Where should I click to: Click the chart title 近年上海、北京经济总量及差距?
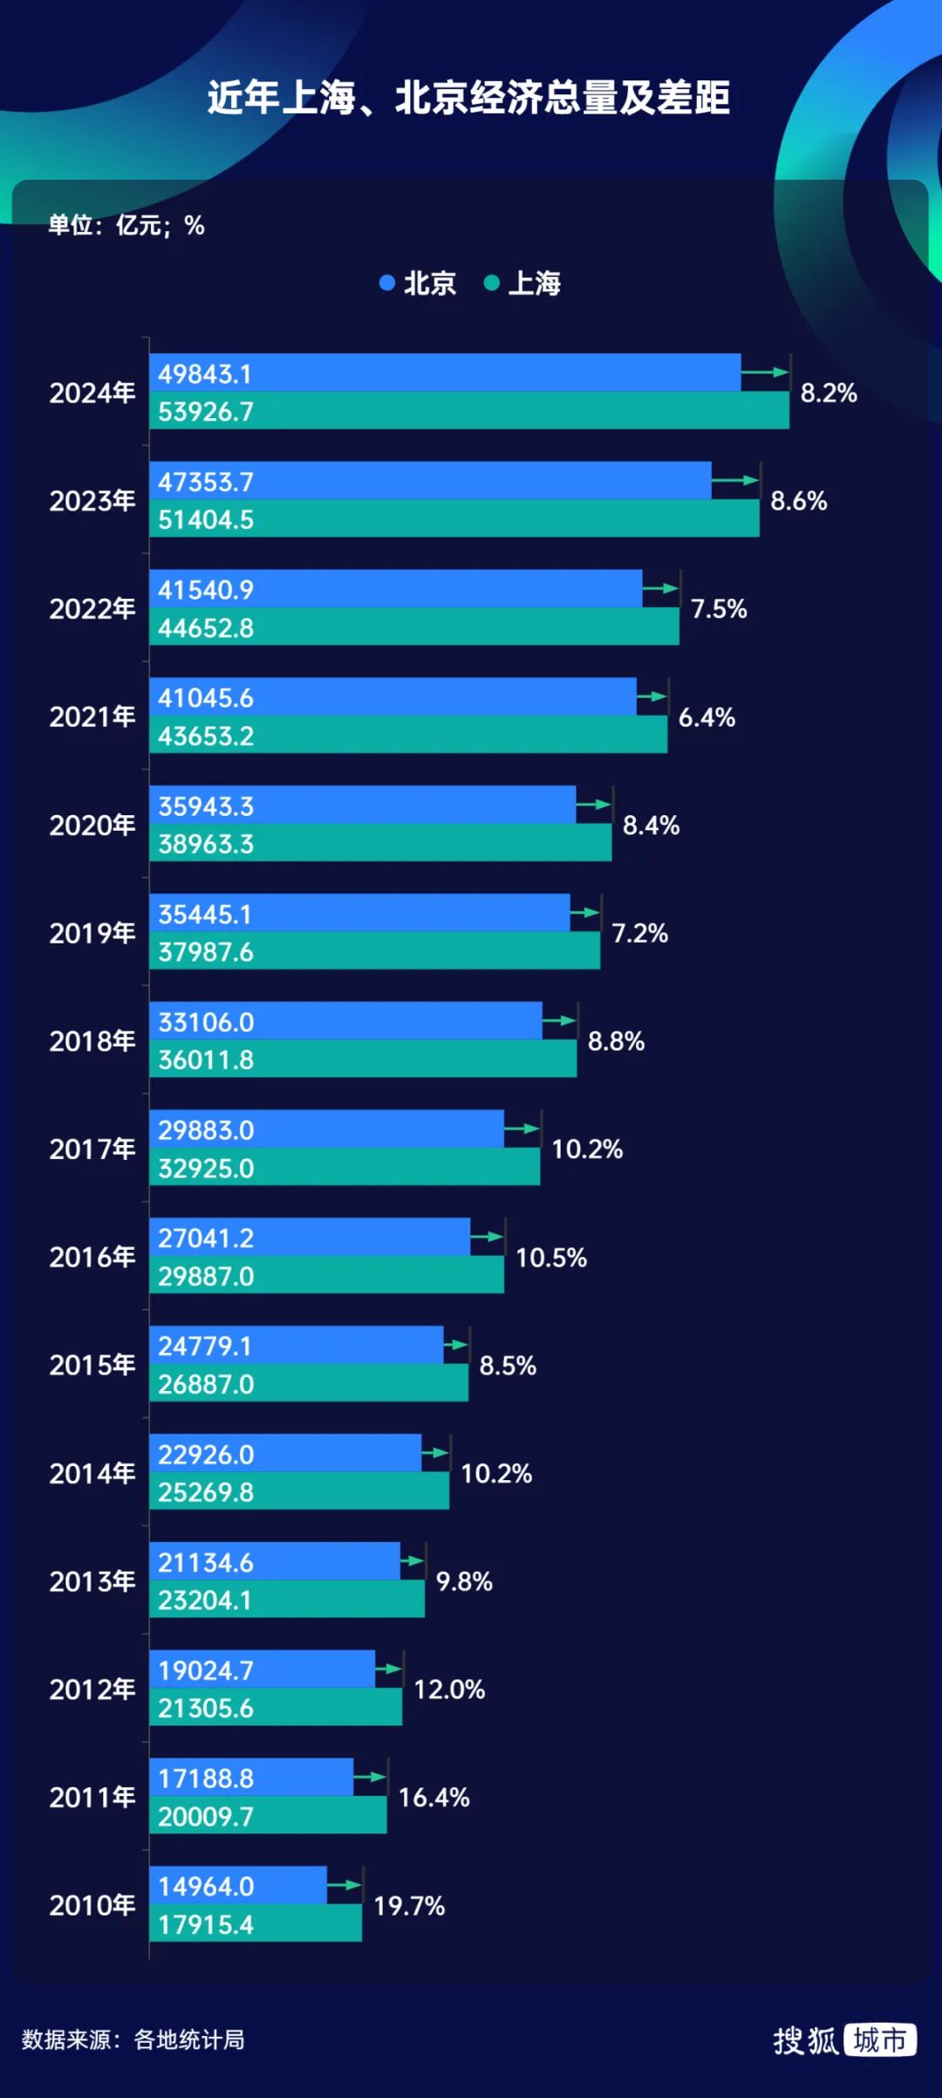coord(468,98)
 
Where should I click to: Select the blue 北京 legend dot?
coord(387,283)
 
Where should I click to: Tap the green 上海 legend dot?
coord(492,283)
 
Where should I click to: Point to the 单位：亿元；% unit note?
coord(126,225)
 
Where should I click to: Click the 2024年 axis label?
coord(92,393)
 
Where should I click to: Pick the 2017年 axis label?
coord(92,1148)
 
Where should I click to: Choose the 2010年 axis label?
coord(92,1904)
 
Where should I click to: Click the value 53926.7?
coord(206,412)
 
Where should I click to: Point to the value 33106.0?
coord(206,1022)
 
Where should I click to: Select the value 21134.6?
coord(206,1562)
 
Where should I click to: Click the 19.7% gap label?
coord(409,1905)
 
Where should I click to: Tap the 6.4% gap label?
coord(706,717)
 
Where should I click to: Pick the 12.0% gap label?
coord(449,1690)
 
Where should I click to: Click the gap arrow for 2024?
coord(765,373)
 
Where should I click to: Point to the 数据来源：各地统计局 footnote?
coord(133,2040)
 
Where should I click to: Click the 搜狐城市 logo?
coord(844,2040)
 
